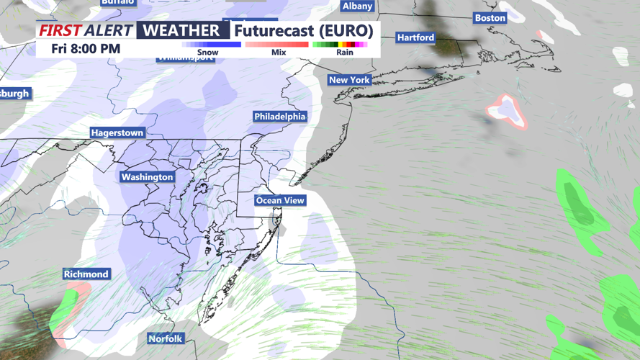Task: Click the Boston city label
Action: coord(490,18)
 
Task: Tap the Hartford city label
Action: coord(415,37)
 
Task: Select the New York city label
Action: coord(349,80)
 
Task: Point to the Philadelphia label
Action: coord(280,117)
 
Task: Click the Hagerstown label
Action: coord(117,133)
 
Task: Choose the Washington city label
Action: coord(147,177)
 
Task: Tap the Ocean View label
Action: coord(280,200)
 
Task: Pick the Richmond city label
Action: coord(86,274)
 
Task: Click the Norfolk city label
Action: coord(166,338)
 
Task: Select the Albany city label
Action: coord(358,6)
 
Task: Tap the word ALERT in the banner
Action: coord(108,30)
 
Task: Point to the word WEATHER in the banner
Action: coord(181,30)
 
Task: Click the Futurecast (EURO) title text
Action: coord(303,31)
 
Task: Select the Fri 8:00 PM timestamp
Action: coord(86,49)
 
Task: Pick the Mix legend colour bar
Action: coord(276,45)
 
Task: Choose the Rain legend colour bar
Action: coord(340,45)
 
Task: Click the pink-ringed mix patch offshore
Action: coord(507,110)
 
